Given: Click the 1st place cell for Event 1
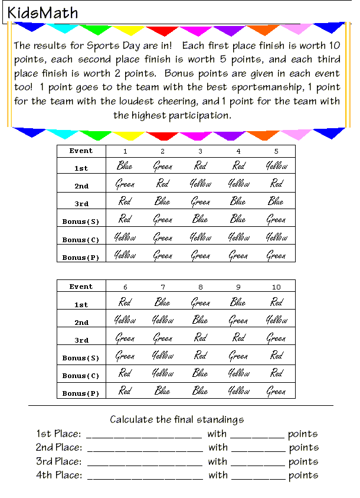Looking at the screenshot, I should click(x=125, y=166).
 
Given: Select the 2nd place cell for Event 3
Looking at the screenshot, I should click(x=201, y=184).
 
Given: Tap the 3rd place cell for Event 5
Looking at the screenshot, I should click(x=276, y=201).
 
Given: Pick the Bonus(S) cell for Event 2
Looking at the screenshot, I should click(x=163, y=220).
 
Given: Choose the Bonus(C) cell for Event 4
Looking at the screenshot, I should click(x=238, y=237).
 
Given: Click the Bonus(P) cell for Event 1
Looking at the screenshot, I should click(x=125, y=255).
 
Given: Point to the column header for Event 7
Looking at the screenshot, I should click(x=163, y=287).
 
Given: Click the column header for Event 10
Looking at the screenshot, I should click(x=276, y=287).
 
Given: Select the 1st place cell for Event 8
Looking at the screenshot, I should click(x=201, y=302).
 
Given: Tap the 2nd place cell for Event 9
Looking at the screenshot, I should click(x=238, y=320).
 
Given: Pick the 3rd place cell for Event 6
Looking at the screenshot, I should click(x=125, y=338).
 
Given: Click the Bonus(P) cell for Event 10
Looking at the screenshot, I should click(x=276, y=391).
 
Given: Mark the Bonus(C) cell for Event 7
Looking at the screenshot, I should click(x=163, y=373).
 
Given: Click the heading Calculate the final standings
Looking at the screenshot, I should click(x=177, y=420).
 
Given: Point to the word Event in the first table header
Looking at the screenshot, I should click(x=81, y=151).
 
